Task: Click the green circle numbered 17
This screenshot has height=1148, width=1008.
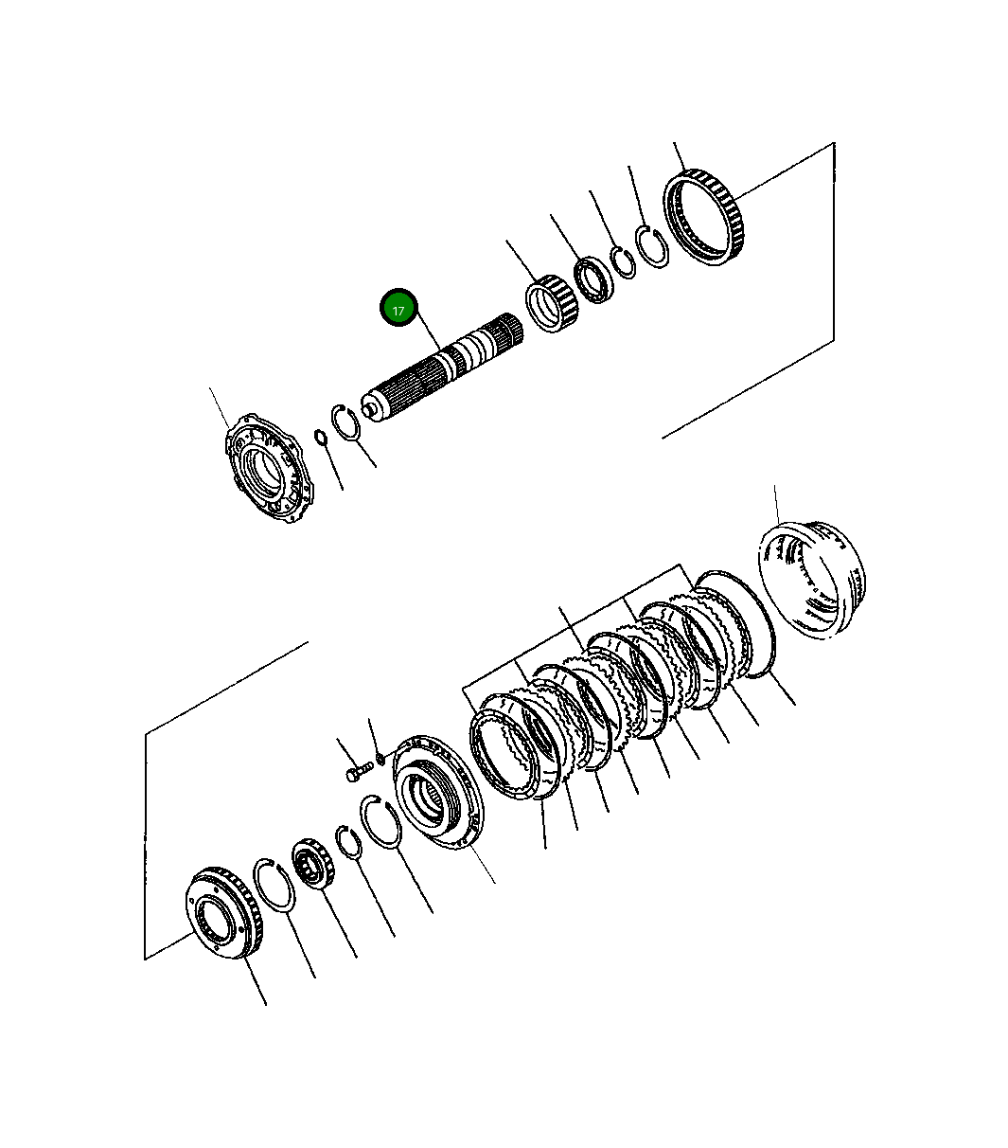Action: [x=398, y=308]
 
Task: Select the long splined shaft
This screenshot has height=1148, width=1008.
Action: [x=442, y=368]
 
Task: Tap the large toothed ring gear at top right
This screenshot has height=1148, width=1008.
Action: [x=704, y=217]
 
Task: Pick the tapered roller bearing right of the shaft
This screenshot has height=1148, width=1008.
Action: [x=552, y=303]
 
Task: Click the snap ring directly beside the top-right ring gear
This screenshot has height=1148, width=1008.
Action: [x=652, y=246]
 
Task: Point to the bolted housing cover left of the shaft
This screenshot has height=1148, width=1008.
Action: [x=270, y=468]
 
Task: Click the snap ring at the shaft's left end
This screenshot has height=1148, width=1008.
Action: [x=346, y=422]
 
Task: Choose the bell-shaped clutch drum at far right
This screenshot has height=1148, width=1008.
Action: [x=811, y=580]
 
